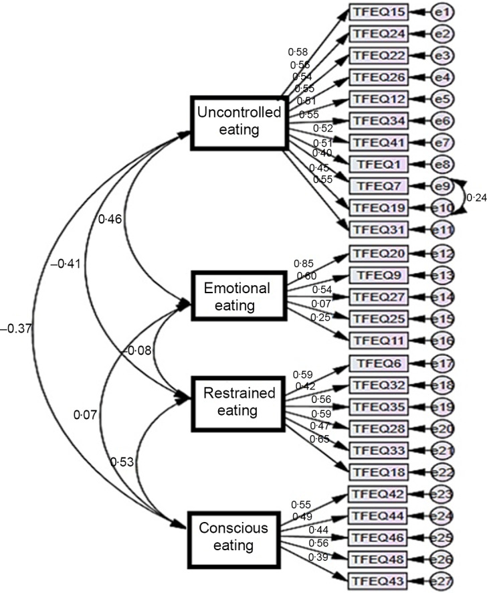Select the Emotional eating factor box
(x=237, y=297)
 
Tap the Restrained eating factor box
(x=237, y=400)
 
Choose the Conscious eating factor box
(x=233, y=536)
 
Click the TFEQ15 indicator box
(x=378, y=12)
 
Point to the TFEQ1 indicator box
(x=378, y=164)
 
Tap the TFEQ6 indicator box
(x=378, y=363)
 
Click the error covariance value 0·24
(x=476, y=197)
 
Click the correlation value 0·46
(x=110, y=218)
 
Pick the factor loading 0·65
(x=318, y=438)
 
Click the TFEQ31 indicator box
(x=378, y=229)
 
